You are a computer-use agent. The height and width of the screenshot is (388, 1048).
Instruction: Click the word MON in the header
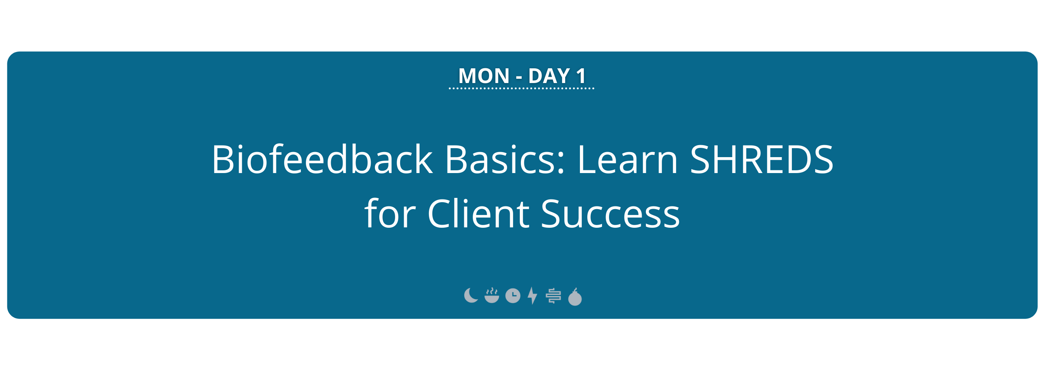(x=484, y=76)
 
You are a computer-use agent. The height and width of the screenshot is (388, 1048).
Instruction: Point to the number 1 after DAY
(x=581, y=76)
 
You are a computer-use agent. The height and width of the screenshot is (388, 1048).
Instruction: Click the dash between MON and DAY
(x=519, y=77)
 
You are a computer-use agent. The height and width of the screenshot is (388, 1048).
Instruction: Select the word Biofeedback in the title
(x=322, y=159)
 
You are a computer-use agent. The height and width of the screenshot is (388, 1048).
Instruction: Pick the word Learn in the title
(x=627, y=159)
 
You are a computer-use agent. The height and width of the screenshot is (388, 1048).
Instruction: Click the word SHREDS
(x=762, y=159)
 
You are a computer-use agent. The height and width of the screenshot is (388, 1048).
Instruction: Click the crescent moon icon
(x=470, y=296)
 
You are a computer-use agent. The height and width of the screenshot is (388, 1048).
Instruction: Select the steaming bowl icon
(x=492, y=296)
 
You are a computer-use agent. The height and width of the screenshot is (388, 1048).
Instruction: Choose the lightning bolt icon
(x=533, y=296)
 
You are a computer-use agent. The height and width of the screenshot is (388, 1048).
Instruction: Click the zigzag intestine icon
(x=553, y=296)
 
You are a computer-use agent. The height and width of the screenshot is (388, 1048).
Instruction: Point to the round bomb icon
(x=575, y=298)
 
